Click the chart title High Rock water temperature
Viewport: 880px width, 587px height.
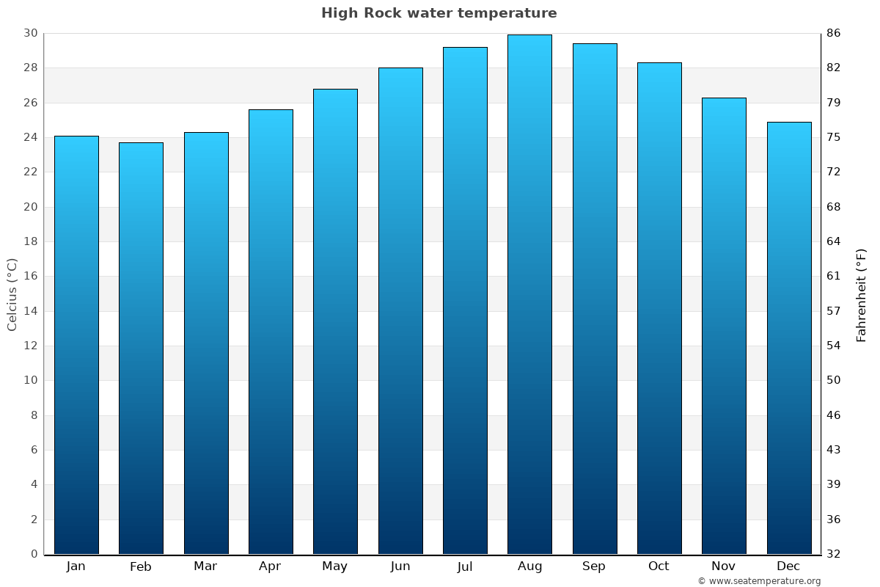439,13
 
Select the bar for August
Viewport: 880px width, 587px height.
529,293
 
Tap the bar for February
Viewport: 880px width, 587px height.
141,349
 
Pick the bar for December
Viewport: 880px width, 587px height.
789,338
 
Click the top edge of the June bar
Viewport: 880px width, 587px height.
400,68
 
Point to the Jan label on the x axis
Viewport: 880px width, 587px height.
76,566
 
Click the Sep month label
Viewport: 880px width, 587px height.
594,566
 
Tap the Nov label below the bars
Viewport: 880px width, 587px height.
724,566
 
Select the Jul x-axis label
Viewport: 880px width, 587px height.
465,566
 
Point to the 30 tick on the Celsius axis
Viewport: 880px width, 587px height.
30,33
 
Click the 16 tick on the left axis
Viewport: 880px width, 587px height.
30,277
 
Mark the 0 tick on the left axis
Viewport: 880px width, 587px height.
34,554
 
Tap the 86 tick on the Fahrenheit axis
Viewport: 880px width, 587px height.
835,33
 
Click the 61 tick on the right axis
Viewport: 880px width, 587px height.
835,277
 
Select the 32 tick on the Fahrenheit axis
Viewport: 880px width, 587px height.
835,554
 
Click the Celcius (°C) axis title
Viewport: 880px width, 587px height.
12,293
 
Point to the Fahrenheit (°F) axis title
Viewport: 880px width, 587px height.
862,294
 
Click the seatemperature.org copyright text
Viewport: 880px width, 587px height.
759,581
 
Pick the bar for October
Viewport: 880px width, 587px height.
659,308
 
